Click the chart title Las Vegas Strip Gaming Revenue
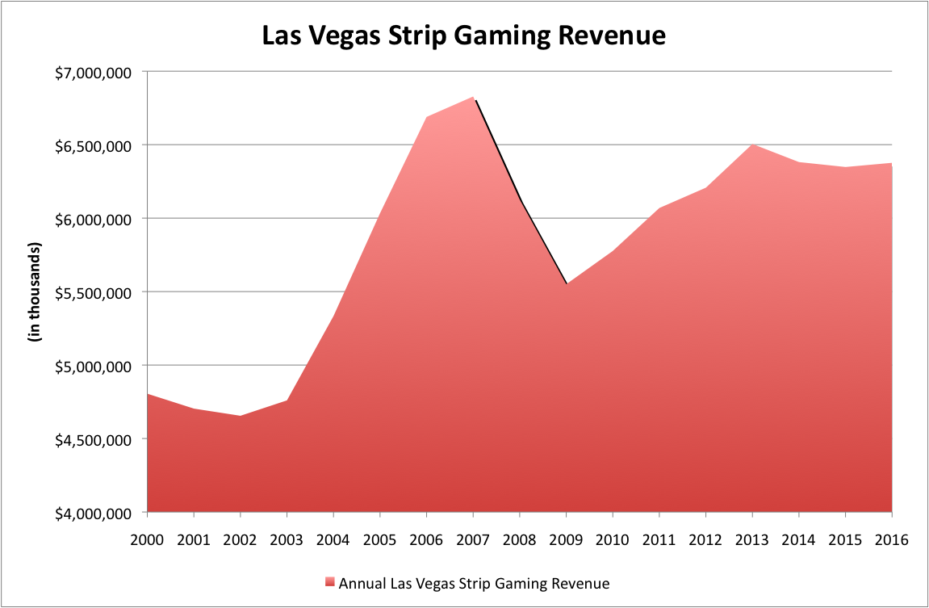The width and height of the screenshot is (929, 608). pyautogui.click(x=464, y=36)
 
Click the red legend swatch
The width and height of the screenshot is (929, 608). pyautogui.click(x=329, y=582)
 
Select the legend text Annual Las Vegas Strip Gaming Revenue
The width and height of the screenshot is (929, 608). pyautogui.click(x=474, y=582)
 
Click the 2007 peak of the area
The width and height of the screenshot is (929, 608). pyautogui.click(x=474, y=98)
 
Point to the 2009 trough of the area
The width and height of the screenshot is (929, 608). pyautogui.click(x=567, y=284)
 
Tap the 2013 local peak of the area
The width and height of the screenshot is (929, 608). pyautogui.click(x=753, y=145)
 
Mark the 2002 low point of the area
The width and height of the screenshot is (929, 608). pyautogui.click(x=241, y=417)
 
